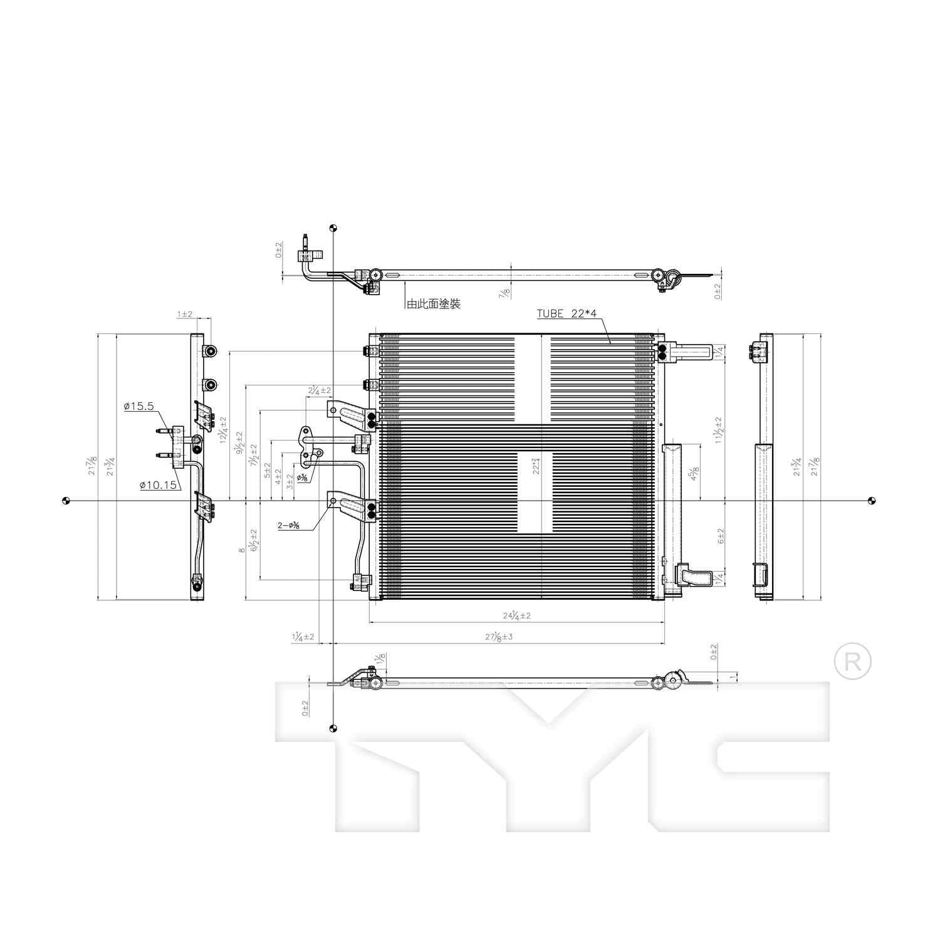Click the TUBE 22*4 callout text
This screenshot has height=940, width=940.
tap(568, 314)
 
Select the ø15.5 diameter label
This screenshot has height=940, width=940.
tap(138, 406)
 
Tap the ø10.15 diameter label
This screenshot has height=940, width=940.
tap(158, 485)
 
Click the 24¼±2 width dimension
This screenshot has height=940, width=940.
tap(516, 615)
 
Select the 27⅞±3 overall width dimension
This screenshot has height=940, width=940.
tap(499, 637)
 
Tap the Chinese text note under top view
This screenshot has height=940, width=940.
tap(433, 304)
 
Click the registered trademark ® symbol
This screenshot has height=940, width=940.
tap(852, 662)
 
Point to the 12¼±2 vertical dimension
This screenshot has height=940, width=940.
tap(223, 430)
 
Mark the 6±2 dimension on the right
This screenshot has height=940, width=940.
tap(720, 536)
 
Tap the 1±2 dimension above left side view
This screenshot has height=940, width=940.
tap(184, 314)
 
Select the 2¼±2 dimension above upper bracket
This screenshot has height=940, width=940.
tap(319, 390)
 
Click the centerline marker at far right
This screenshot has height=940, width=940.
tap(872, 500)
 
